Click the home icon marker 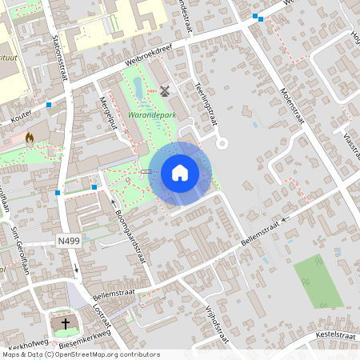[180, 173]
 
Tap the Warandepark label [150, 116]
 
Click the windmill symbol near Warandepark [166, 91]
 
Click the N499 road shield [70, 240]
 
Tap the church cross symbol [66, 325]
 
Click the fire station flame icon [30, 138]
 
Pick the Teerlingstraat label [206, 103]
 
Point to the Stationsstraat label [57, 56]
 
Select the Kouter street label [22, 117]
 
